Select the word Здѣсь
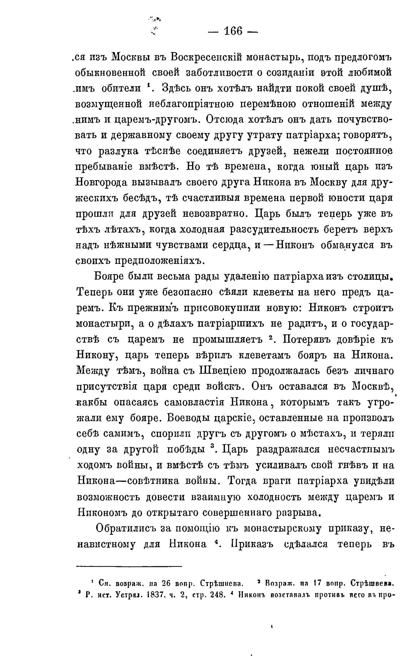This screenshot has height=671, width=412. pyautogui.click(x=178, y=88)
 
